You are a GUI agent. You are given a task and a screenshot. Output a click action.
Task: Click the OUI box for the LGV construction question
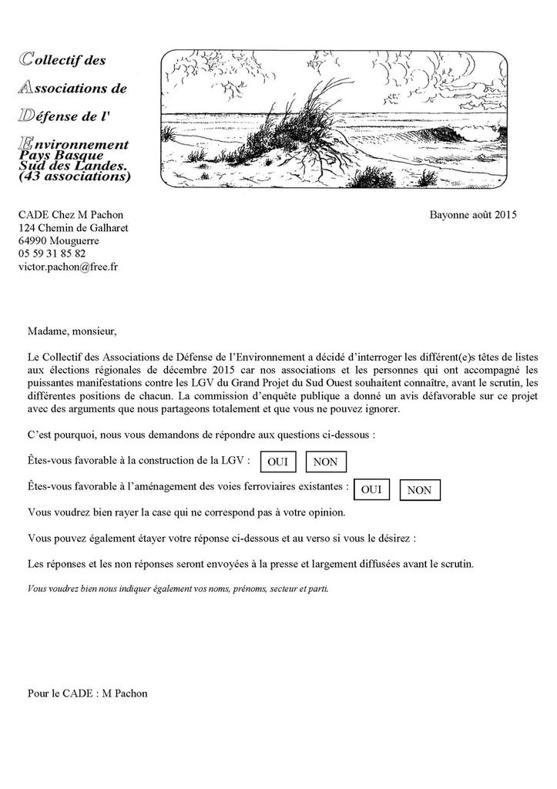[277, 462]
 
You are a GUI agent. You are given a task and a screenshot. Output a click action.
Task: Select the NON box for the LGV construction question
[326, 462]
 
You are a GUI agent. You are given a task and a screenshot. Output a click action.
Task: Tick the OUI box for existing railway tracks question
[371, 489]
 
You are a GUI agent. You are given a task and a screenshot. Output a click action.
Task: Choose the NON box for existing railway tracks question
[420, 489]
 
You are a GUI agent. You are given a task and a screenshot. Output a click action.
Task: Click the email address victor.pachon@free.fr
[69, 267]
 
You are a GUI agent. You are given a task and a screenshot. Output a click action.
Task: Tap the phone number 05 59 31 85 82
[52, 253]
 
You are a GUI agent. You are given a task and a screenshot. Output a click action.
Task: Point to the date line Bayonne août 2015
[473, 214]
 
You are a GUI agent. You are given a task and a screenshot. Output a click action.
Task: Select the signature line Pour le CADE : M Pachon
[87, 693]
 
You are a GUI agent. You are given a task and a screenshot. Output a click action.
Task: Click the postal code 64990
[33, 240]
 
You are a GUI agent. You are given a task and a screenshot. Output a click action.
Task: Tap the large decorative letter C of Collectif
[25, 59]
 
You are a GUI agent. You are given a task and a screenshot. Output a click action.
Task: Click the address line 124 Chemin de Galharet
[73, 227]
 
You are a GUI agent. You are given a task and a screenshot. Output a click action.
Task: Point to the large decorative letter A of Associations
[25, 87]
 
